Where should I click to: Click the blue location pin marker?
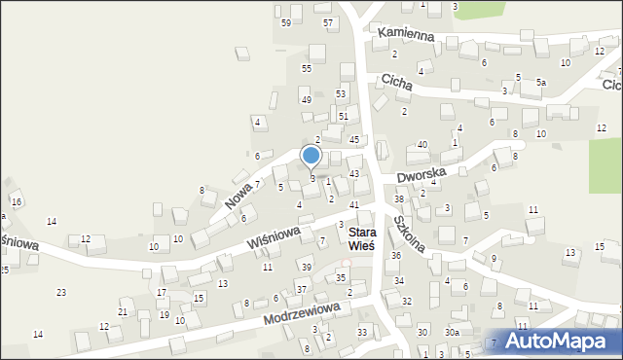tap(311, 156)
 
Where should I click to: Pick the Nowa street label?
tap(238, 193)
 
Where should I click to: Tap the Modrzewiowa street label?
tap(305, 313)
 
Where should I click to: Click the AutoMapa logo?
tap(555, 342)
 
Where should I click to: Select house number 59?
tap(286, 22)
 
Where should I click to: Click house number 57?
tap(328, 22)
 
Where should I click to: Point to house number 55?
tap(306, 68)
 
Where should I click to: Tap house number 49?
tap(306, 100)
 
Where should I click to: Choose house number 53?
tap(342, 93)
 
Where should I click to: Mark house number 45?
tap(354, 140)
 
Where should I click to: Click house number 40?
tap(422, 144)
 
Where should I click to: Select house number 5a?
tap(540, 84)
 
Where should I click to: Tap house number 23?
tap(61, 292)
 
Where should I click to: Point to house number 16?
tap(17, 200)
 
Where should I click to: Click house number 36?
tap(396, 255)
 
